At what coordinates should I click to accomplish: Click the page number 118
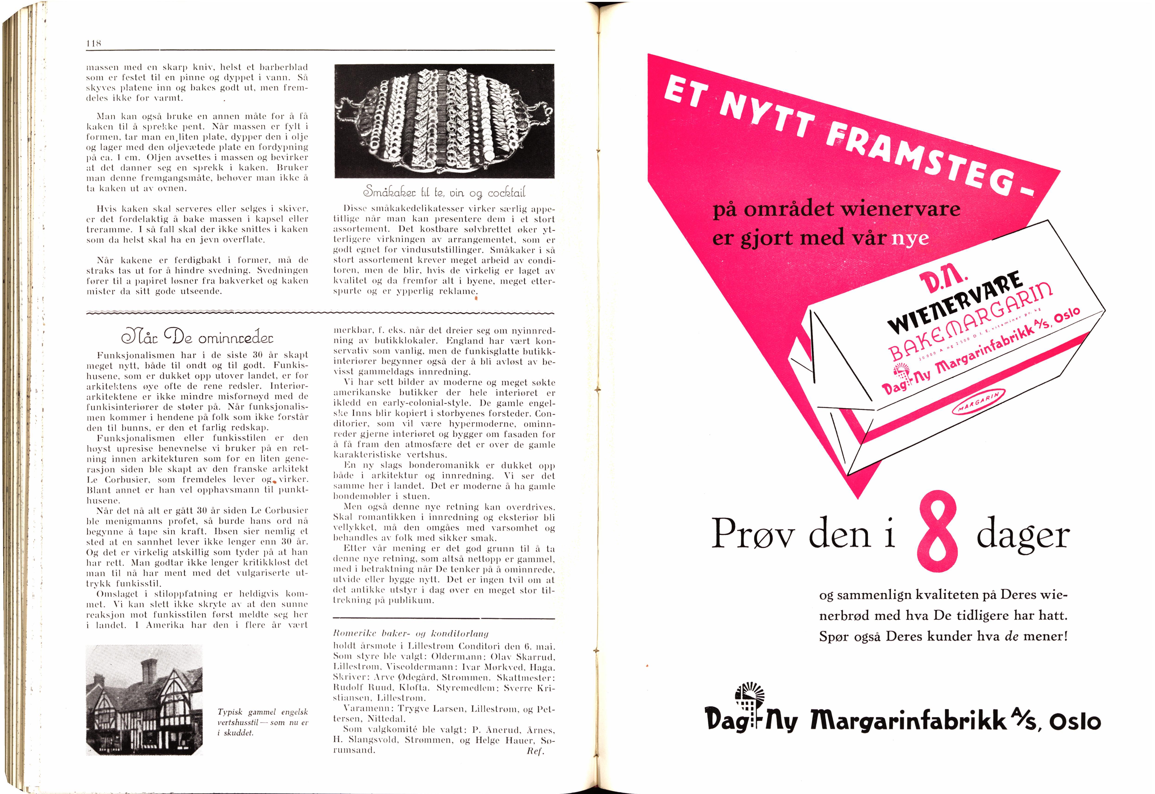(x=94, y=44)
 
